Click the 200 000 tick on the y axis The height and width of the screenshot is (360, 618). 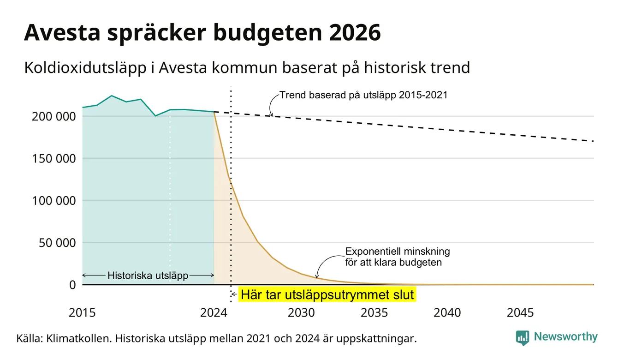(x=54, y=116)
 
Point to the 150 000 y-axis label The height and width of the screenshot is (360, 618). (x=54, y=159)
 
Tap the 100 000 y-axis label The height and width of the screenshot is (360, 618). (x=54, y=201)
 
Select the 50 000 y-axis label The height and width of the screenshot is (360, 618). (x=57, y=243)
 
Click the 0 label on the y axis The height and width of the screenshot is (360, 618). (x=72, y=285)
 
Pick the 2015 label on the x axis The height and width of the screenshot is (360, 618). (x=82, y=313)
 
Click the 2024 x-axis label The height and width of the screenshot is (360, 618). (x=214, y=313)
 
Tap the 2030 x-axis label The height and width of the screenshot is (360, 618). (x=301, y=313)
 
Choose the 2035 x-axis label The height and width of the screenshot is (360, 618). (x=374, y=313)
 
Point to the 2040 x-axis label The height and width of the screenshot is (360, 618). (x=447, y=313)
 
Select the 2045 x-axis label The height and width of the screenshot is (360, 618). (x=520, y=313)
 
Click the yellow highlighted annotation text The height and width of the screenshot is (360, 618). (x=327, y=295)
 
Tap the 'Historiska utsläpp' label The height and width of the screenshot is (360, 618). (x=148, y=276)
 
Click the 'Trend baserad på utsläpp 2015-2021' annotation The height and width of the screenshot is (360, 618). (x=363, y=95)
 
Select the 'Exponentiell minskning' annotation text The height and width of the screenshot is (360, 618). (x=398, y=252)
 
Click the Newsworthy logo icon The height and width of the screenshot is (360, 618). (x=523, y=338)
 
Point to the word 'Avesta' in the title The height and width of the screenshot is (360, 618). (x=62, y=33)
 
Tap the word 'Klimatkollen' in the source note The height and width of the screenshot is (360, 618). (x=78, y=338)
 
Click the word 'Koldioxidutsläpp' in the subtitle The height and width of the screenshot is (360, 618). (x=85, y=68)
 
